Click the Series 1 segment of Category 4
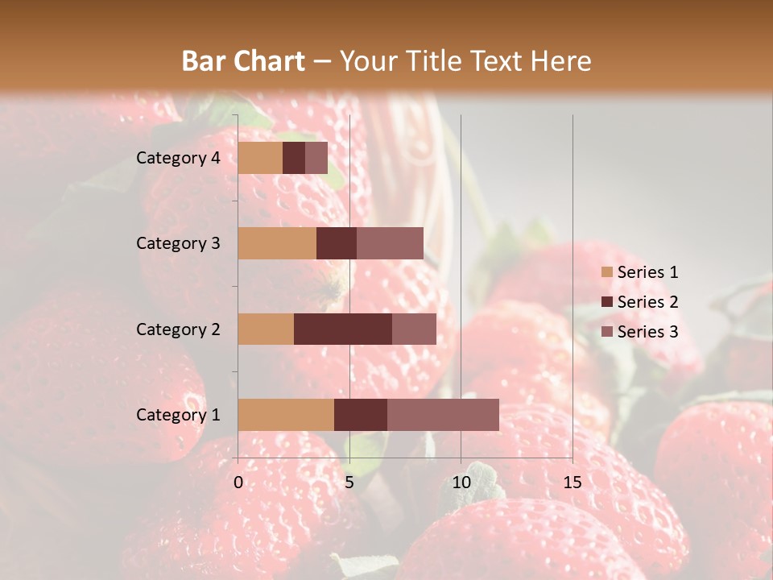[260, 158]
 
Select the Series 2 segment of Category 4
[294, 158]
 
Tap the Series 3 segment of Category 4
[316, 158]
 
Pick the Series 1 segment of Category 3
[277, 243]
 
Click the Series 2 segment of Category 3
[337, 243]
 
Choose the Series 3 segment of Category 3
[390, 243]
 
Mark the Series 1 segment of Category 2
[266, 329]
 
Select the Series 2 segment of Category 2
[343, 329]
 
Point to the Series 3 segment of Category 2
[414, 329]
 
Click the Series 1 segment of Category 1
[286, 415]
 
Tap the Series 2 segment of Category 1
[361, 415]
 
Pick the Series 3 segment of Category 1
[443, 415]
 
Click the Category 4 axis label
[178, 158]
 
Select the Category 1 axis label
[178, 415]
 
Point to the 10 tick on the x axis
[461, 483]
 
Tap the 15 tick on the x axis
[573, 483]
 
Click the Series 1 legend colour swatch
[606, 272]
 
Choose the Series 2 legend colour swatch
[606, 302]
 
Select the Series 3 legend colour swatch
[606, 332]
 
